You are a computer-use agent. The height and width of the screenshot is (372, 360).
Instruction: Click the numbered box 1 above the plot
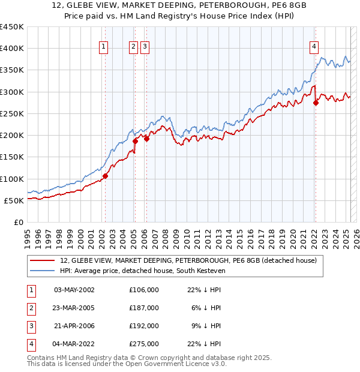click(x=104, y=47)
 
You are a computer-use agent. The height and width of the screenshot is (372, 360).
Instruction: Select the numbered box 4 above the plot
click(x=314, y=47)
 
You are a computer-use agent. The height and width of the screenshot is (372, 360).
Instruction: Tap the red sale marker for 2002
click(x=105, y=176)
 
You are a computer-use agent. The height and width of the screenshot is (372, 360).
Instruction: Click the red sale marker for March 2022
click(x=316, y=103)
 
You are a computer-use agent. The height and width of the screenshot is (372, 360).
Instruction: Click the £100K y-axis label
click(x=12, y=179)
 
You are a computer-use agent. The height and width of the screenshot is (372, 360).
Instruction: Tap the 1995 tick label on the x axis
click(x=28, y=237)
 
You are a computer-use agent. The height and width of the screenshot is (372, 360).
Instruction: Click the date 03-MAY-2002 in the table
click(x=74, y=290)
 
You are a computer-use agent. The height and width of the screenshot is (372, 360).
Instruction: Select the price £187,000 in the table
click(x=144, y=308)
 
